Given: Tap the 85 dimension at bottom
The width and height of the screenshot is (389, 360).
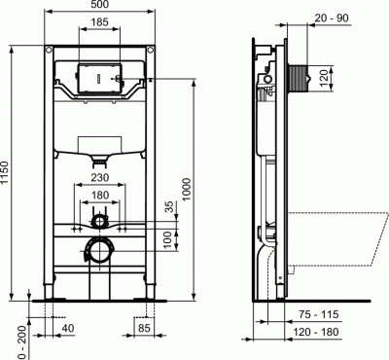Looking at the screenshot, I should coord(143,330).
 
